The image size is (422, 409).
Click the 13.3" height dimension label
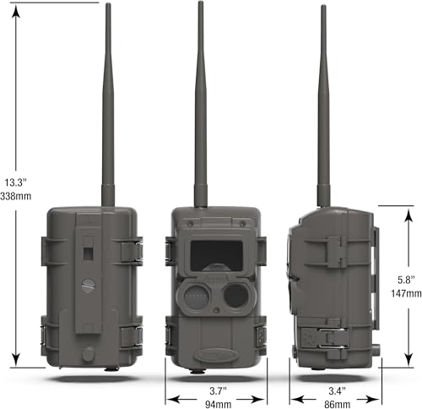[x=15, y=183]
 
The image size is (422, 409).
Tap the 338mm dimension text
[x=16, y=196]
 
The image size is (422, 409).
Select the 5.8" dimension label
[x=406, y=280]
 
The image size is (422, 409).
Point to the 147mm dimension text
[x=406, y=293]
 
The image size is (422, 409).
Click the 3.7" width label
[x=218, y=391]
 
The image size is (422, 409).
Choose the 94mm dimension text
[x=218, y=405]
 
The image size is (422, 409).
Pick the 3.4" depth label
[x=337, y=391]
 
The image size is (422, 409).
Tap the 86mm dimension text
[x=338, y=405]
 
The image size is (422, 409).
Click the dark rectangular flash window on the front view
[x=217, y=256]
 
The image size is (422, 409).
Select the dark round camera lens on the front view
[x=236, y=296]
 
